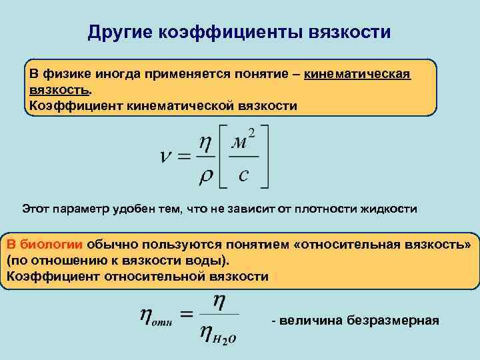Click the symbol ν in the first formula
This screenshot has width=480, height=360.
[x=168, y=158]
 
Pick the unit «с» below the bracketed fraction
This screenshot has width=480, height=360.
[x=243, y=176]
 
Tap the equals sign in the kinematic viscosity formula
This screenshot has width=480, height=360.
[x=185, y=158]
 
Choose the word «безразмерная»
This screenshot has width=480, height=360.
[x=396, y=321]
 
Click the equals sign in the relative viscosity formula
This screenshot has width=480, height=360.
[x=188, y=315]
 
